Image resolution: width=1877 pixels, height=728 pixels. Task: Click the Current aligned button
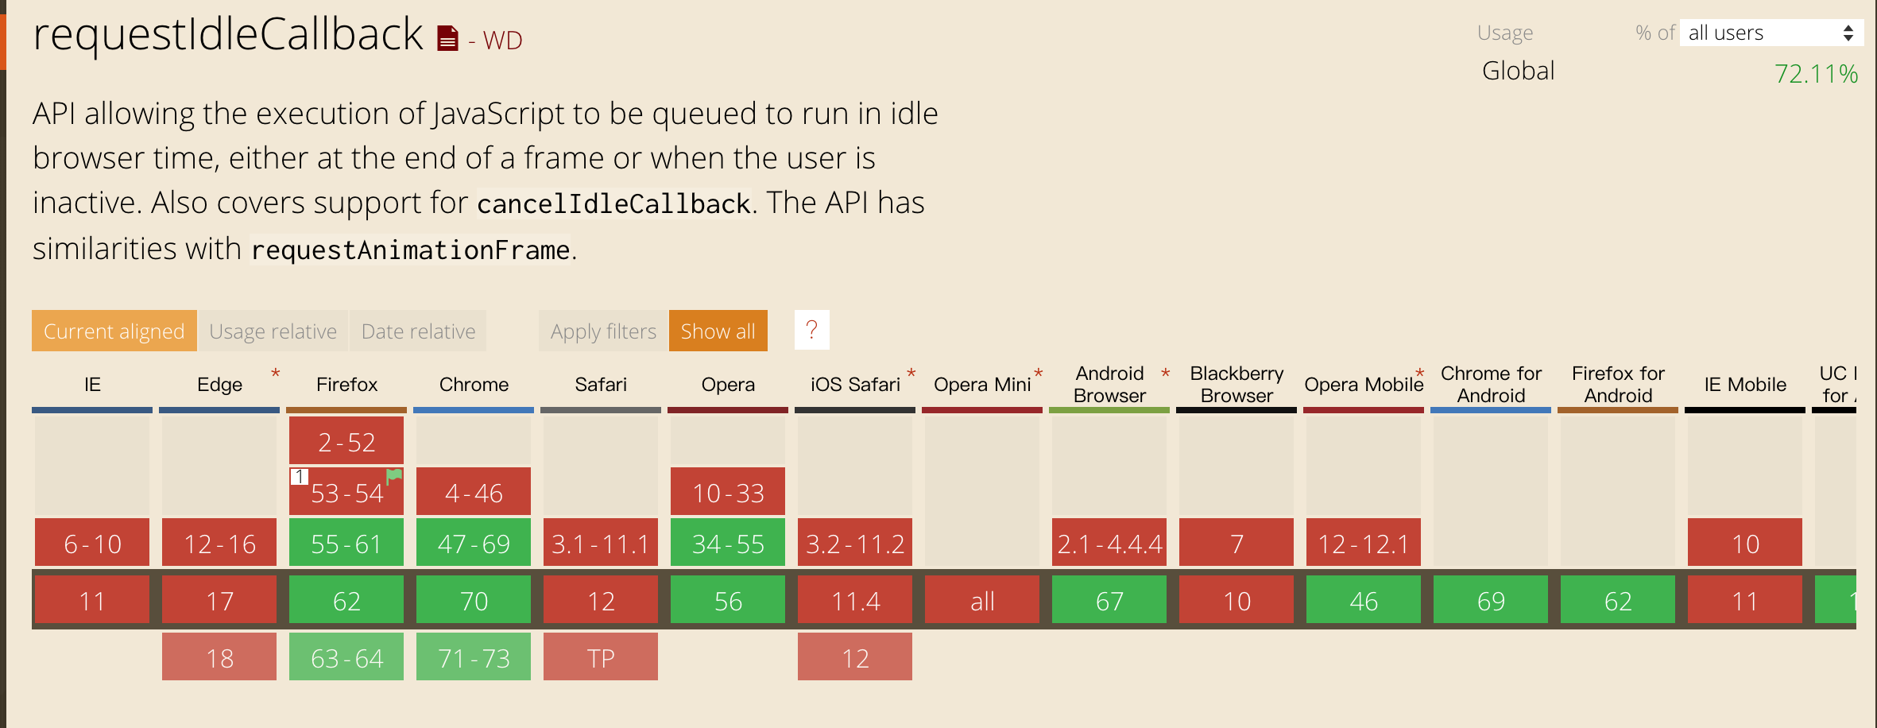[114, 331]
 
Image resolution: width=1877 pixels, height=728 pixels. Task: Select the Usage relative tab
[273, 331]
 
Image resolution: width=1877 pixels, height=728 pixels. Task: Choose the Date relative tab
[418, 331]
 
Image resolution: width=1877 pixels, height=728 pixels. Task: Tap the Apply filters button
[604, 331]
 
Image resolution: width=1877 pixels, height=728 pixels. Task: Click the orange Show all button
[718, 331]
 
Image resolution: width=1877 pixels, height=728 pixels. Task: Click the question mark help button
[812, 330]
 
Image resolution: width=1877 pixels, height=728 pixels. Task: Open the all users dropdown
[1771, 33]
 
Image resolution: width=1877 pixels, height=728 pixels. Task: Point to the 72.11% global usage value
[1817, 74]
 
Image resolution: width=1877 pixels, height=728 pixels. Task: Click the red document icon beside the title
[448, 37]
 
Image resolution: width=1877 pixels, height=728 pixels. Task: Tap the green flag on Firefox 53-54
[394, 476]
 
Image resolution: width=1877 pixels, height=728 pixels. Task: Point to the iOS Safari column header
[855, 385]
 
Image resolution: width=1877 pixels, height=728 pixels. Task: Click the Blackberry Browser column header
[1236, 385]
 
